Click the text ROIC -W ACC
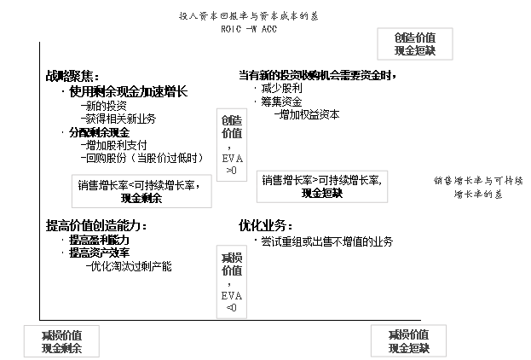[x=247, y=28]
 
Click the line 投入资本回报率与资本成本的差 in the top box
[x=247, y=16]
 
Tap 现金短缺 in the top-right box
[x=415, y=52]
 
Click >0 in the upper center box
[x=231, y=171]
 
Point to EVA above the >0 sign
[x=231, y=159]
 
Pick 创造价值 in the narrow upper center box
[x=231, y=127]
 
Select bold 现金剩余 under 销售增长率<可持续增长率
[x=141, y=198]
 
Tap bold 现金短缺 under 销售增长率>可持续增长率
[x=321, y=193]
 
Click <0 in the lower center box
[x=231, y=308]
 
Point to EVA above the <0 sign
[x=231, y=296]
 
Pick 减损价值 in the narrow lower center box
[x=231, y=264]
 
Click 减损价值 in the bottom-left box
[x=62, y=334]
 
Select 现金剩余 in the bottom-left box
[x=62, y=348]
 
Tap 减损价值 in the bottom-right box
[x=408, y=334]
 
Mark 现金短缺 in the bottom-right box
[x=408, y=348]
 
